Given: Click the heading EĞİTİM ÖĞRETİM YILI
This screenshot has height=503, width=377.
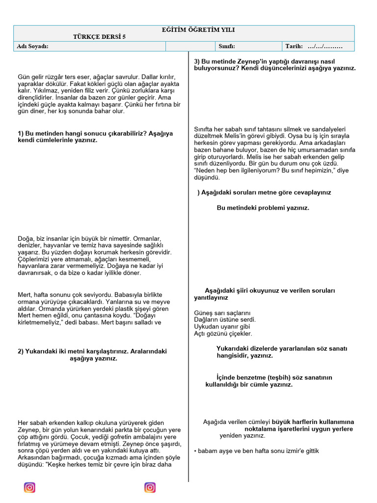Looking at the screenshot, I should pos(198,30).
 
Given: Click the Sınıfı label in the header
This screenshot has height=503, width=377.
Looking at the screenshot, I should pos(227,46).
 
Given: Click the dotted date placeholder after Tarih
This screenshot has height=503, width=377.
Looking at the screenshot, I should pos(324,46).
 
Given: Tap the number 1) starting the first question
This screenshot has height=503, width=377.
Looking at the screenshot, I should pos(21,134).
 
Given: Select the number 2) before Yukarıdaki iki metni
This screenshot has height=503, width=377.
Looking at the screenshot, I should pos(21,352).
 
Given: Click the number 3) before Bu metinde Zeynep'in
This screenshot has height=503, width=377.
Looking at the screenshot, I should pos(197,61).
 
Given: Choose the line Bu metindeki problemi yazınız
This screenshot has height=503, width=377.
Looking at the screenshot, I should pos(263,208).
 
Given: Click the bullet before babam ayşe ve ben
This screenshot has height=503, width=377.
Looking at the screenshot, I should pos(195,450).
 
